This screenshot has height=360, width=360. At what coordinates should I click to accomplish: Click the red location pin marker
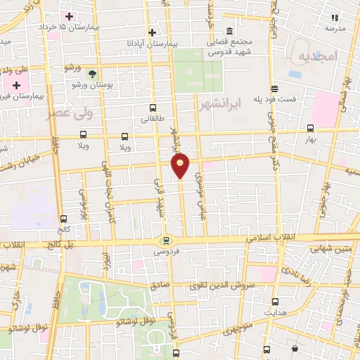point(181,165)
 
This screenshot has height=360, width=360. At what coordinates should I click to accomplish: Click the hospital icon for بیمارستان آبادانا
point(152,32)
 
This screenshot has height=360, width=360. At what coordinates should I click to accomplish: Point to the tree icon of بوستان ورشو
point(91,73)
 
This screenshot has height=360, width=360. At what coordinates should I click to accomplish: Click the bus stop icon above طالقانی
point(153,108)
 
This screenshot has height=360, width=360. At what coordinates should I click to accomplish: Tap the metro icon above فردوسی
point(165,240)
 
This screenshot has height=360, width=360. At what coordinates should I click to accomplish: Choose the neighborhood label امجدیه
point(318,55)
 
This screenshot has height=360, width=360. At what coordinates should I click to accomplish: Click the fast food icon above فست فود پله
point(274,89)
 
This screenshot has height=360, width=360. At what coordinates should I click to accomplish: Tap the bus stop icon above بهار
point(311,128)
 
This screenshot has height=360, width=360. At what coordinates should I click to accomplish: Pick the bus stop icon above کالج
point(64,219)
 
